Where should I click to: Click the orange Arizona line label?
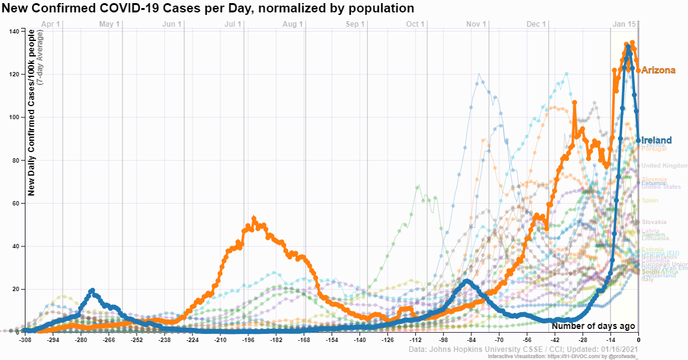coord(658,71)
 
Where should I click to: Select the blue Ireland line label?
coord(656,141)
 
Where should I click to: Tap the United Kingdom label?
coord(664,166)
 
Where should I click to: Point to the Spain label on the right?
coord(650,200)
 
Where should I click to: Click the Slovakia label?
coord(654,222)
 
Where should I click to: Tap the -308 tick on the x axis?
coord(25,340)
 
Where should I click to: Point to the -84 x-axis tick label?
coord(471,340)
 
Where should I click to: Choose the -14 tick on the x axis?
coord(610,340)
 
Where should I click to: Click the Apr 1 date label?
coord(50,24)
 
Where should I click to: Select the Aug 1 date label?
coord(293,24)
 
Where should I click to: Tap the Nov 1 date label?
coord(476,24)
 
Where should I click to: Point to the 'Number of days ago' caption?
coord(593,326)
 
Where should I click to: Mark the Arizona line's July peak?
coord(254,219)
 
